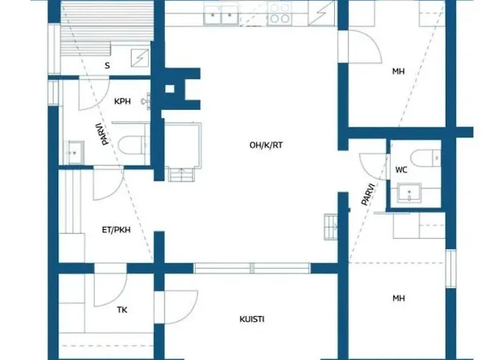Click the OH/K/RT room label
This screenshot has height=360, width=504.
(266, 145)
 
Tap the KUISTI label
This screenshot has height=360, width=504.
(252, 319)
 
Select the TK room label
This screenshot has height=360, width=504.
(122, 310)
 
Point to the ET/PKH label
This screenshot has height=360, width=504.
(117, 230)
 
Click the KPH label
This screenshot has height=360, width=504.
(122, 102)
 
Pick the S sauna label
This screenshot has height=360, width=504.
(107, 66)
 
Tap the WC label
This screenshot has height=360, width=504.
(401, 170)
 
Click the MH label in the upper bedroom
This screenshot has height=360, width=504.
(399, 71)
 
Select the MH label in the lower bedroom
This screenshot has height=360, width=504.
(399, 299)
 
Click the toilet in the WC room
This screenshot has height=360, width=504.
(426, 158)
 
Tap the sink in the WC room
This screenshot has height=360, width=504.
(409, 193)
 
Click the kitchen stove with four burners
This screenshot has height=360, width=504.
(279, 13)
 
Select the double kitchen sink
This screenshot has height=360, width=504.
(221, 15)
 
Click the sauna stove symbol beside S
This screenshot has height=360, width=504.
(140, 58)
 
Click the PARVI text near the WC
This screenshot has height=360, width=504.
(368, 194)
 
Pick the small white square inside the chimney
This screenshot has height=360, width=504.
(170, 89)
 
